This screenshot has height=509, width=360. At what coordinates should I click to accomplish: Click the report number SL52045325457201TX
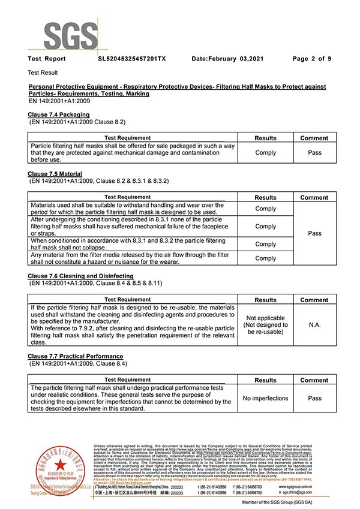(132, 59)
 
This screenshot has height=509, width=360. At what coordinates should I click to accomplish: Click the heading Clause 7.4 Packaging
(59, 115)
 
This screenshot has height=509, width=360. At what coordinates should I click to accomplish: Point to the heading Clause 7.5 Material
(55, 174)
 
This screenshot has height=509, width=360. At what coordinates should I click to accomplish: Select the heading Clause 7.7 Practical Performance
(76, 356)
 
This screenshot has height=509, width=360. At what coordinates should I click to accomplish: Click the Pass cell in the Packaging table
(314, 153)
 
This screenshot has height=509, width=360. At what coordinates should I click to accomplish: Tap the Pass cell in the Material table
(314, 233)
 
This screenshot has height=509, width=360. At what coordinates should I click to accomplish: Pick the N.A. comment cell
(314, 324)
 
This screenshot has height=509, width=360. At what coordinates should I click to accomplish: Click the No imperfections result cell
(265, 398)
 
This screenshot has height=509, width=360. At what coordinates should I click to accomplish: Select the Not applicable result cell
(265, 324)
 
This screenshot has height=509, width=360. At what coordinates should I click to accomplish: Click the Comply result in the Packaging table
(265, 153)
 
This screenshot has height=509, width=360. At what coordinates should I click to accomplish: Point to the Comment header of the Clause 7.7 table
(314, 380)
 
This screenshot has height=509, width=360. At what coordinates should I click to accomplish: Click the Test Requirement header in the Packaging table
(127, 138)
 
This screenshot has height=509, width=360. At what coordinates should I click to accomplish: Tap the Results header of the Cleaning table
(265, 300)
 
